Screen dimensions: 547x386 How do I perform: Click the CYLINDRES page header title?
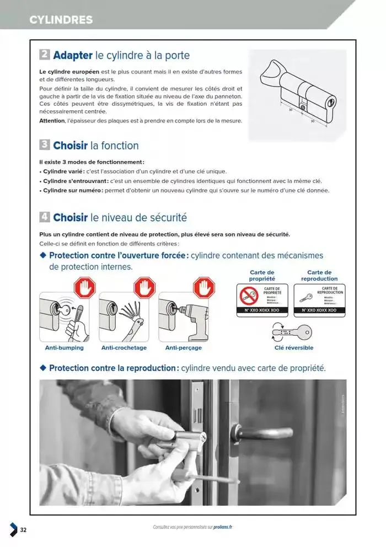coord(61,20)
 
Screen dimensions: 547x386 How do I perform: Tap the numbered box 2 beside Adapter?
coord(45,55)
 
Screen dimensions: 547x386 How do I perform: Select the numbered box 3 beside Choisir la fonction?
coord(45,145)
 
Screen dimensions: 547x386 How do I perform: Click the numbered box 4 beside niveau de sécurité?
coord(45,217)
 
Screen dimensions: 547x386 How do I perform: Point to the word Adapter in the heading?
coord(73,55)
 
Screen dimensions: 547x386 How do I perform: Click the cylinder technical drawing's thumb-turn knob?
coord(271,72)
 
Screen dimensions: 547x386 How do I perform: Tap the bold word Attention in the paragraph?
coord(52,121)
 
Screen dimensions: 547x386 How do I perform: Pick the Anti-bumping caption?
coord(64,348)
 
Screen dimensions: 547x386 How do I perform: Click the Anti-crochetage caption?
coord(124,348)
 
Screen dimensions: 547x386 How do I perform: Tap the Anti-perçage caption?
coord(183,348)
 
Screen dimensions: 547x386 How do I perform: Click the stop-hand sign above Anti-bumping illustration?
coord(84,287)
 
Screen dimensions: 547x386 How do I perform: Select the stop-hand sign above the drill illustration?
coord(203,287)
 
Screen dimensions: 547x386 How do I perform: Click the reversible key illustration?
coord(298,333)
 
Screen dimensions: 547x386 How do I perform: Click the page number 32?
coord(23,530)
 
